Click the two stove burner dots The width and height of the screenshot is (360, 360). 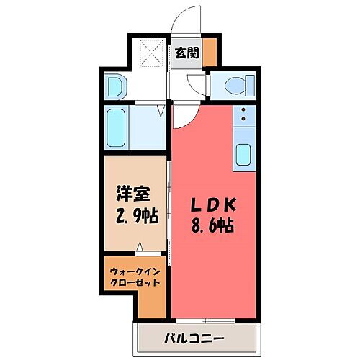click(x=243, y=114)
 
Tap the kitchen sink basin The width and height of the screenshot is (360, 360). click(x=243, y=154)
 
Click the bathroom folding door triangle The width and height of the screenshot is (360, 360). click(x=161, y=112)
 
